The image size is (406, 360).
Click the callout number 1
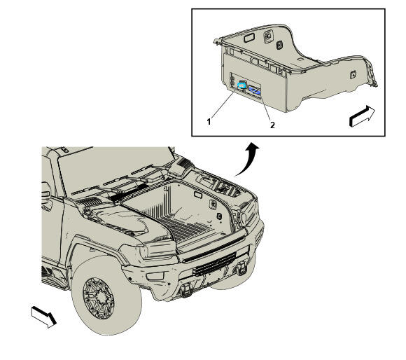(x=209, y=121)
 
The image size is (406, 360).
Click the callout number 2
(x=272, y=125)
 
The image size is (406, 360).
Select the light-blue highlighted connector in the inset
(x=241, y=85)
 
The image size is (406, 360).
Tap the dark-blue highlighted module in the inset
(x=254, y=90)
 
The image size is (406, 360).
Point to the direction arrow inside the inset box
(x=362, y=116)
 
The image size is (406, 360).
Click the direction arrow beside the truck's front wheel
(x=44, y=317)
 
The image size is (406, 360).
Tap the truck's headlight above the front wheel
(x=157, y=249)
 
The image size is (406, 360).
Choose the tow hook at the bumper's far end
(x=241, y=268)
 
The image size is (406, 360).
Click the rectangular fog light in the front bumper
(x=155, y=276)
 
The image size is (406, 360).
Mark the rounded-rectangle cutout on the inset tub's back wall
(x=250, y=39)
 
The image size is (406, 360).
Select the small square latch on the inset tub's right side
(x=353, y=75)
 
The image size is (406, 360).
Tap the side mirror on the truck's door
(x=46, y=196)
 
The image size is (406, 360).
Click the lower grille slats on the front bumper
(x=214, y=264)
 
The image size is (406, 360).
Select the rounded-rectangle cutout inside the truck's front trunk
(x=198, y=195)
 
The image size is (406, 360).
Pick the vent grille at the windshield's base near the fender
(x=91, y=202)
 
